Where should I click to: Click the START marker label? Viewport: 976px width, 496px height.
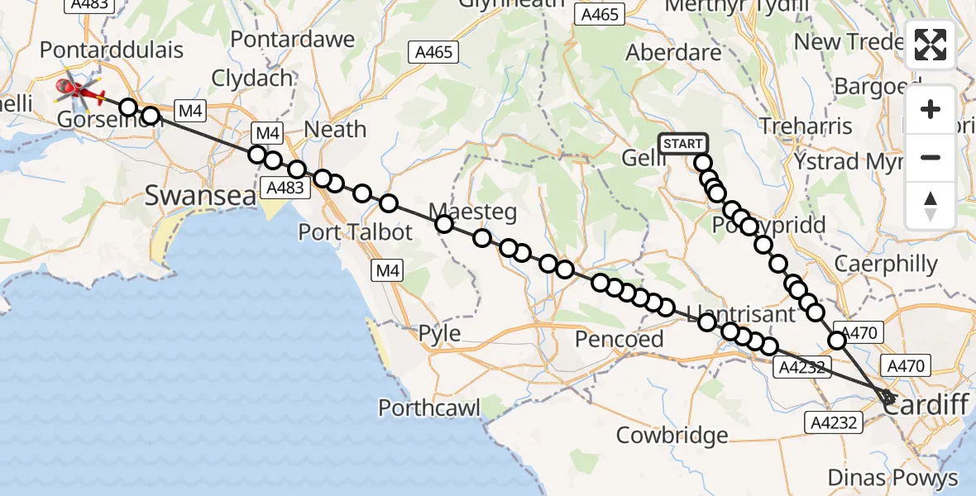point(683,144)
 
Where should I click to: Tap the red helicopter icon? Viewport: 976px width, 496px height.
point(78,89)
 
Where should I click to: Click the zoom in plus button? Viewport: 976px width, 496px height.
point(931,109)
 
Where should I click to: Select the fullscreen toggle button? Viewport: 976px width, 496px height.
point(931,45)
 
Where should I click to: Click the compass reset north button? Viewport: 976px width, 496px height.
point(931,205)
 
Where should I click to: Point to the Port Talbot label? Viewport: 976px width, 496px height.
point(355,232)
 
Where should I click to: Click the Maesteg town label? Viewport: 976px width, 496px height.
point(473,212)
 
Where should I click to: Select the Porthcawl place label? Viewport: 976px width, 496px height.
point(429,408)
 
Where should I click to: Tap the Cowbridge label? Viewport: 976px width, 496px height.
point(672,435)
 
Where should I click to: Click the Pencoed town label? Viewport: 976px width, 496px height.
point(620,339)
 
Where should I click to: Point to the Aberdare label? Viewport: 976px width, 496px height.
point(673,52)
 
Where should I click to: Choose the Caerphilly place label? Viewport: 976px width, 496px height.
point(886,265)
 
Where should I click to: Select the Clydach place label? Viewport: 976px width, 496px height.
point(252,79)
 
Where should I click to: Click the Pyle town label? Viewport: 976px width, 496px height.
point(439,334)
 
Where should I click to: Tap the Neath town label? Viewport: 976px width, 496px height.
point(335,129)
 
